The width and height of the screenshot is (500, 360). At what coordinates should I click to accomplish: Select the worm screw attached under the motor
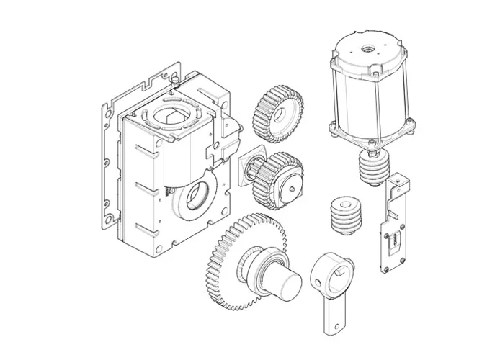click(x=372, y=169)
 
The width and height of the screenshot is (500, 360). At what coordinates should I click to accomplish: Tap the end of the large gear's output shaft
click(x=287, y=280)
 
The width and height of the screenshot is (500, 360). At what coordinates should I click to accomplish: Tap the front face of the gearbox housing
click(x=144, y=194)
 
